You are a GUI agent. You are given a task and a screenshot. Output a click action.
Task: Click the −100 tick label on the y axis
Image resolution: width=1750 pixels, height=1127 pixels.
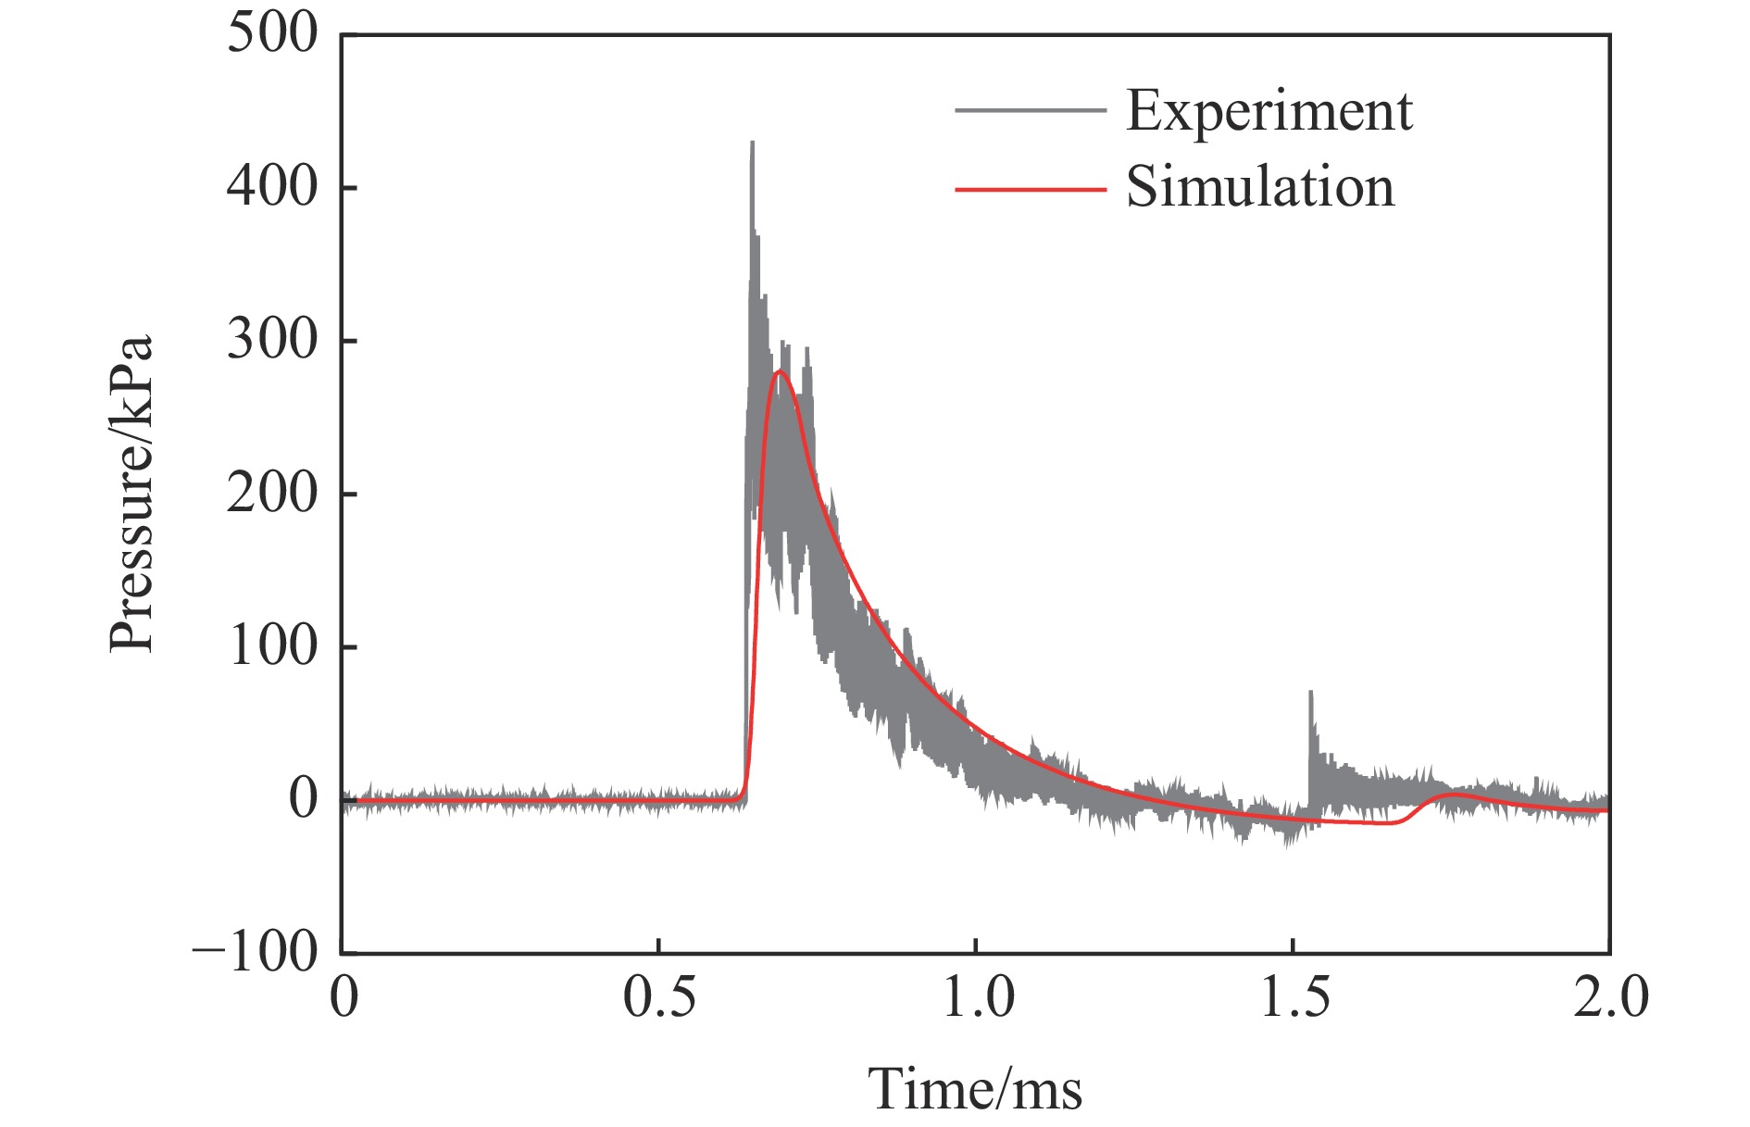tap(256, 952)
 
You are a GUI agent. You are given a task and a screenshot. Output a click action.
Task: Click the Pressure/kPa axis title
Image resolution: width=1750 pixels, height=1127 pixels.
tap(131, 494)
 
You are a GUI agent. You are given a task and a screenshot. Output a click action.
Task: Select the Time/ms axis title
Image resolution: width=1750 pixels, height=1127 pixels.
tap(975, 1089)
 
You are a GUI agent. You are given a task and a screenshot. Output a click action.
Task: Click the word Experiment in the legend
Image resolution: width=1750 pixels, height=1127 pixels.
tap(1269, 112)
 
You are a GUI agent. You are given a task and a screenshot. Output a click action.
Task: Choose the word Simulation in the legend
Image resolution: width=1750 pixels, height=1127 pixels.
tap(1259, 187)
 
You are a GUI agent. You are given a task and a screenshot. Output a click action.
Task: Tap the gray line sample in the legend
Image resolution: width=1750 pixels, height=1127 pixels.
tap(1030, 110)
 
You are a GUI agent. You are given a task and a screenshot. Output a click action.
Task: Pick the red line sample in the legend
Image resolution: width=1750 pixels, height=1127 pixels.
tap(1030, 189)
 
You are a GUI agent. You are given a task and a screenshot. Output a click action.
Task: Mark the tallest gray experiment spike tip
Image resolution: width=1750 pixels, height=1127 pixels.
tap(752, 143)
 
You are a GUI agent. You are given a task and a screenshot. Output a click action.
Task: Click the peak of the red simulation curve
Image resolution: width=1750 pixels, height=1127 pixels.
tap(780, 371)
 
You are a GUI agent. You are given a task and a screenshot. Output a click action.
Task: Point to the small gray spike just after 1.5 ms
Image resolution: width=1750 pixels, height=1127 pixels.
tap(1310, 692)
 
